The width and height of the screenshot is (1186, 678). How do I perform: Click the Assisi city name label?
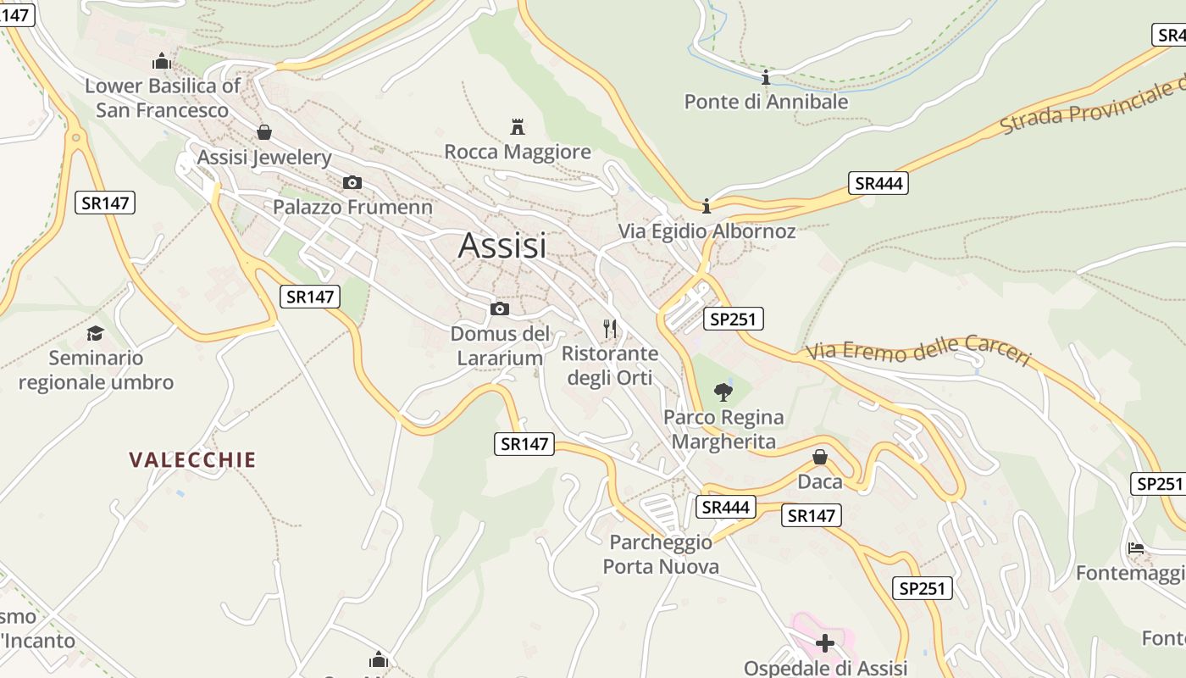pos(502,245)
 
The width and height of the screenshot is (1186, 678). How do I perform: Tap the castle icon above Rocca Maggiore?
pos(518,127)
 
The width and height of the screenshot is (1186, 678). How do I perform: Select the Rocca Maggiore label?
pos(518,153)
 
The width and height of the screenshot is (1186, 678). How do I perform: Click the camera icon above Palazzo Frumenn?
pos(352,182)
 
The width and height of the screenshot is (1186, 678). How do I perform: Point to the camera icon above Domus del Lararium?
pos(500,308)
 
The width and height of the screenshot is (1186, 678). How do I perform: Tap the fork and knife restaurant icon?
pos(609,328)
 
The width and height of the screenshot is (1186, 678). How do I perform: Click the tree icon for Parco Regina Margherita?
pos(723,392)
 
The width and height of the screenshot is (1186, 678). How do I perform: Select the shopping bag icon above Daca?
pos(820,458)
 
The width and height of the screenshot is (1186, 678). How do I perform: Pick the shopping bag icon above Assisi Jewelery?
pos(264,132)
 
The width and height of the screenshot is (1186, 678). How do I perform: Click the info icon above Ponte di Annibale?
pos(766,78)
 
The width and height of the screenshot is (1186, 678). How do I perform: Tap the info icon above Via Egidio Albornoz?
pos(707,206)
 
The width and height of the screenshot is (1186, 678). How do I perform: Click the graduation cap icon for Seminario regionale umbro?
pos(95,333)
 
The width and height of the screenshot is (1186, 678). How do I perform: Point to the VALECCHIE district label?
pos(192,460)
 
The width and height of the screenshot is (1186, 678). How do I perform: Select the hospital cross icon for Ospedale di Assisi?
pos(824,643)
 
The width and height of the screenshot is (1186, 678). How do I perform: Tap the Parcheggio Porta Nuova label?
pos(661,554)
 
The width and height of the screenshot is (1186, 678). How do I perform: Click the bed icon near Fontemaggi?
pos(1136,548)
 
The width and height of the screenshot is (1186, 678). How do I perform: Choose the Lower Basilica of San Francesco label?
pos(163,97)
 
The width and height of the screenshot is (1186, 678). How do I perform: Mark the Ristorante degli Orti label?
pos(610,365)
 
